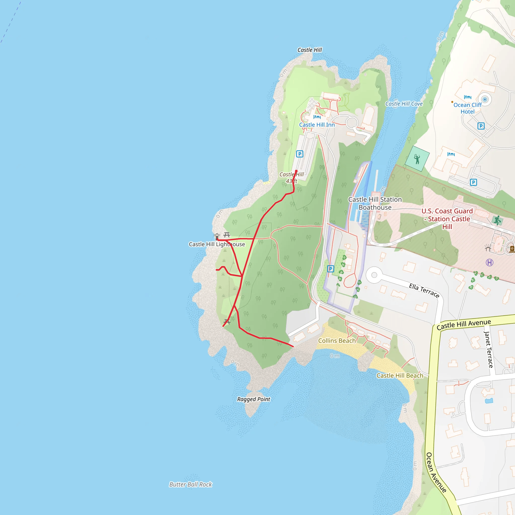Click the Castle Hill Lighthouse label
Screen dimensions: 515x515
[217, 244]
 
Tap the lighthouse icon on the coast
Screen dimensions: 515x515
[217, 236]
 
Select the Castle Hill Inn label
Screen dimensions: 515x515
[317, 125]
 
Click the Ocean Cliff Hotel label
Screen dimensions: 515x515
[467, 108]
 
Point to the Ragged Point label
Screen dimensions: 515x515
[253, 399]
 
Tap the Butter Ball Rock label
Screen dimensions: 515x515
[191, 484]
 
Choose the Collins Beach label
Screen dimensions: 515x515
[337, 341]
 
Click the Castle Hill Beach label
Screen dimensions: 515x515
[400, 376]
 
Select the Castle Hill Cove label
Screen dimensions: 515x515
[404, 104]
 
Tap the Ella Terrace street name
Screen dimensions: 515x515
[424, 290]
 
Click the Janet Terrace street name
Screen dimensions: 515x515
[488, 350]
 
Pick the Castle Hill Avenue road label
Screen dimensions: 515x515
[463, 324]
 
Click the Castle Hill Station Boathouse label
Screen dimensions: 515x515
[375, 203]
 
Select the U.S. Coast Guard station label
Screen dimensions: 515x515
[447, 219]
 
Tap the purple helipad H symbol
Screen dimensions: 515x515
[489, 263]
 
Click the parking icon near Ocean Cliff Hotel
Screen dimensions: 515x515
[481, 126]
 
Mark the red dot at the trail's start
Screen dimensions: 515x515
[296, 171]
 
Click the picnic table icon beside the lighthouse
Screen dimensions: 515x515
[227, 235]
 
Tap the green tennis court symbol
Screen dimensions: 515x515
[417, 159]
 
